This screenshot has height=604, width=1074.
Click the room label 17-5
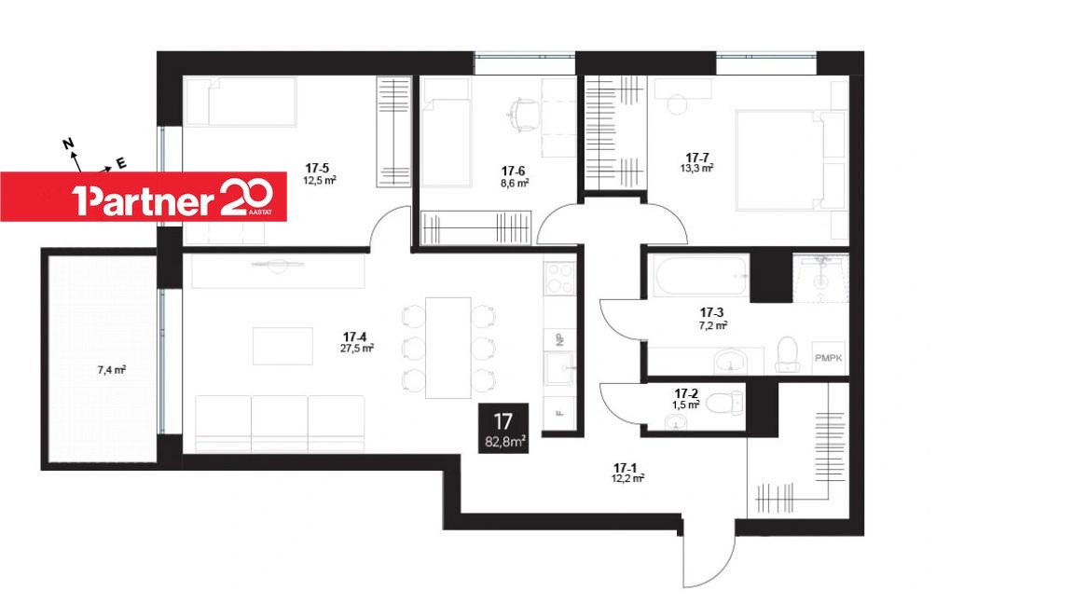pos(317,168)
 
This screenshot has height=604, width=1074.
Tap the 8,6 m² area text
pos(515,183)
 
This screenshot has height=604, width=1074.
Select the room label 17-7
pos(697,158)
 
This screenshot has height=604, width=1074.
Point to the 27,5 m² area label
pos(357,348)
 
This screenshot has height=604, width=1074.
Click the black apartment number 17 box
pos(503,428)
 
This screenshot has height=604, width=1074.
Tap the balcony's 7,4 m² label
pos(111,370)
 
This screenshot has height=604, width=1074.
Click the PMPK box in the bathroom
pos(829,358)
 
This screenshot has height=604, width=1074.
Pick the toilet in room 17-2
pos(723,403)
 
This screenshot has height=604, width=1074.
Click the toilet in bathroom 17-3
pos(788,354)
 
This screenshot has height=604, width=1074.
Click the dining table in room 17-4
pos(447,348)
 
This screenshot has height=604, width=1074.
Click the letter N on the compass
pos(68,144)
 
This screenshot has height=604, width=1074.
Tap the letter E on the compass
pos(121,164)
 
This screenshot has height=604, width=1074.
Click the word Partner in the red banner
pos(144,200)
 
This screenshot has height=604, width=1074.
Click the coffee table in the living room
pos(282,346)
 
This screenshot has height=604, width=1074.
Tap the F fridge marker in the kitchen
pos(559,413)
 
